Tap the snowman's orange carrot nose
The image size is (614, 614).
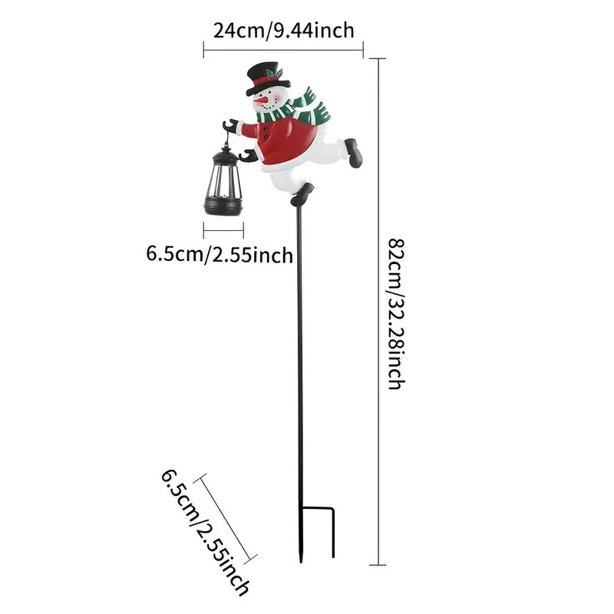click(259, 101)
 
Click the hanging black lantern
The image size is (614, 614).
click(223, 180)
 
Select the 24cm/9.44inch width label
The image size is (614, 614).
click(283, 31)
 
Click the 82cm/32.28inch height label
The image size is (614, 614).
click(396, 314)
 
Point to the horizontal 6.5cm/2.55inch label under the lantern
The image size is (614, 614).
click(220, 255)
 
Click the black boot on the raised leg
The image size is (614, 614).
click(354, 152)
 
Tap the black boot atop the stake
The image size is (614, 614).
click(302, 195)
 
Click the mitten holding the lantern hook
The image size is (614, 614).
click(232, 127)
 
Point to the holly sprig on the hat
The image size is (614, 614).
click(273, 73)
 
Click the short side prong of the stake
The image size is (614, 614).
click(333, 533)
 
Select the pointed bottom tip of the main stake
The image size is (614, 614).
click(301, 563)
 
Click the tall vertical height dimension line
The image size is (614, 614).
click(378, 312)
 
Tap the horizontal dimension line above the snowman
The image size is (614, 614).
click(283, 50)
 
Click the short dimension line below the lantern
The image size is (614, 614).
click(223, 230)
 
